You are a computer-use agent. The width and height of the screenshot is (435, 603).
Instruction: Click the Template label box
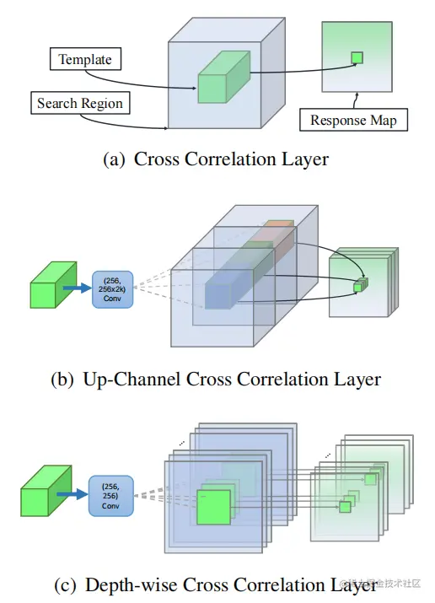coord(85,60)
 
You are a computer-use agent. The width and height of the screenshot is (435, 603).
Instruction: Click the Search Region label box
coord(80,104)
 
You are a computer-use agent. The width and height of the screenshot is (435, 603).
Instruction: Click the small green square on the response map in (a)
coord(357,58)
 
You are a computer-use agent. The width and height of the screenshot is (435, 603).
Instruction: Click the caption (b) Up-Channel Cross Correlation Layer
coord(216,379)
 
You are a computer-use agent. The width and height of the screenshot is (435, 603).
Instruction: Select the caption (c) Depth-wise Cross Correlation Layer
coord(216,584)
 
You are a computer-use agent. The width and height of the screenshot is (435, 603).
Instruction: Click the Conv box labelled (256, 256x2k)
coord(112,286)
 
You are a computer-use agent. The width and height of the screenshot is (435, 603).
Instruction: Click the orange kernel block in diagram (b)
coord(277,231)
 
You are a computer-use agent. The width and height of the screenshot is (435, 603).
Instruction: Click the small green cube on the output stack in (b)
coord(359,284)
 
